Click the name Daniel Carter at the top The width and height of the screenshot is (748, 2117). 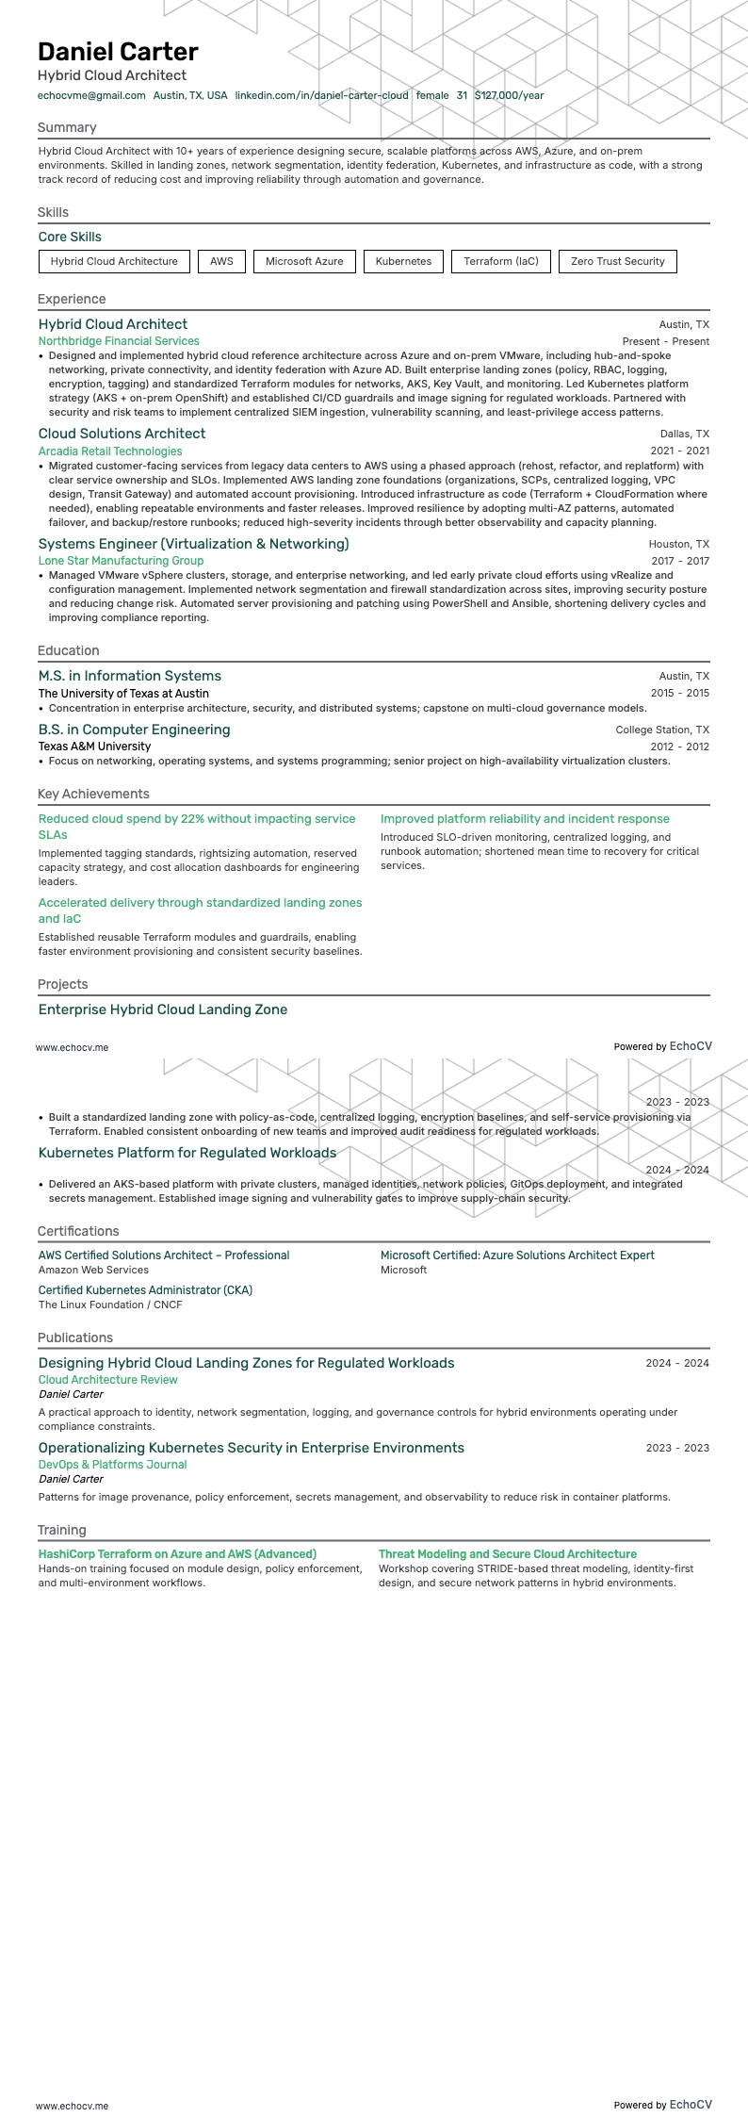(118, 52)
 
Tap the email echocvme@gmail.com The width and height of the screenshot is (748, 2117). (91, 95)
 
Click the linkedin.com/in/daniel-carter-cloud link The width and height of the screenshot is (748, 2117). (321, 95)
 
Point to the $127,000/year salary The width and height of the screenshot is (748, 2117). (509, 95)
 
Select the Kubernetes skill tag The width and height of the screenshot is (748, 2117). (403, 261)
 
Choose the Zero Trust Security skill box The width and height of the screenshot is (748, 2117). (617, 261)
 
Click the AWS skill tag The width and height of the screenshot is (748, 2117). (221, 261)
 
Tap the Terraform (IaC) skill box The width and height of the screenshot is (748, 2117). (501, 261)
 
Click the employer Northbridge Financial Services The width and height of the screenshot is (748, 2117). (119, 341)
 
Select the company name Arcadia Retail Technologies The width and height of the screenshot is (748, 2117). (110, 451)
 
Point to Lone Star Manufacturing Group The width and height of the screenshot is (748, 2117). (121, 561)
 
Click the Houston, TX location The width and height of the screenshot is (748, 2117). (678, 544)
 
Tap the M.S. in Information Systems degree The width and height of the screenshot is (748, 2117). (130, 676)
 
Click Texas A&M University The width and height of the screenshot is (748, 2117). (94, 747)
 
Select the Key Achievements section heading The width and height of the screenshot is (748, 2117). (93, 794)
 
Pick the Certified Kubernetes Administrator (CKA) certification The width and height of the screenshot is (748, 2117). (145, 1289)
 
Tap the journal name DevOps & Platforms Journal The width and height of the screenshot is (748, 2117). (112, 1465)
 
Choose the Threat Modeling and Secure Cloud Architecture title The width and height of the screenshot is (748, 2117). (507, 1554)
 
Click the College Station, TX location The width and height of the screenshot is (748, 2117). (662, 730)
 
